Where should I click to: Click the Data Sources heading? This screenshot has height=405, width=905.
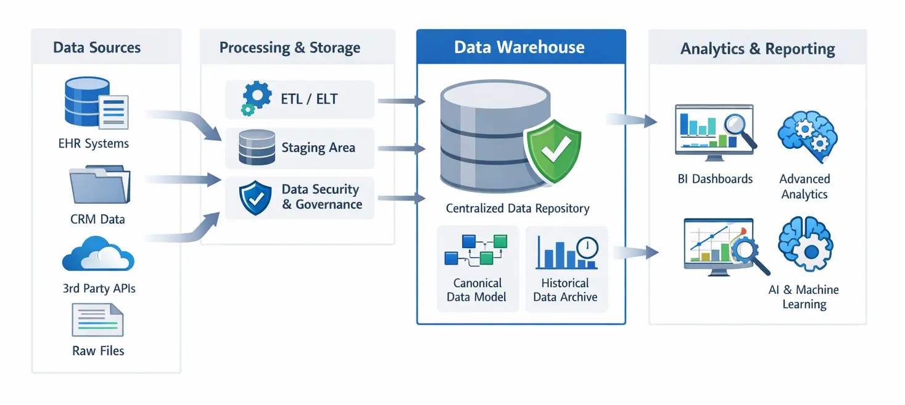click(x=97, y=48)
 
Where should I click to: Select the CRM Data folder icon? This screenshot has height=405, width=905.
click(x=99, y=186)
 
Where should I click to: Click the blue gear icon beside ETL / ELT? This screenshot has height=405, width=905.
click(x=255, y=98)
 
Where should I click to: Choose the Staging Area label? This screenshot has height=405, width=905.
click(x=318, y=148)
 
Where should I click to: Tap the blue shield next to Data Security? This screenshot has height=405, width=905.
click(x=255, y=198)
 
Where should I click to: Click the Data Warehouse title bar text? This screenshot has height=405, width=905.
click(x=519, y=48)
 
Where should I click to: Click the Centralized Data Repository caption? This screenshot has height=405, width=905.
click(x=518, y=209)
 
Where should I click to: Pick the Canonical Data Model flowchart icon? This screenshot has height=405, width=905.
click(x=476, y=250)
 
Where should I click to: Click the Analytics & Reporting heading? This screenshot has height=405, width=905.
click(x=758, y=49)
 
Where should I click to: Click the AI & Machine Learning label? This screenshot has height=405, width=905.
click(x=804, y=297)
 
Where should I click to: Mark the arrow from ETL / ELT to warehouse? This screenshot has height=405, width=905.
click(x=402, y=101)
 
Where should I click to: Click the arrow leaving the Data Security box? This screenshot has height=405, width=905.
click(x=402, y=198)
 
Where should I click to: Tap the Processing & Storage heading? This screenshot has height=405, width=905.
click(x=290, y=48)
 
